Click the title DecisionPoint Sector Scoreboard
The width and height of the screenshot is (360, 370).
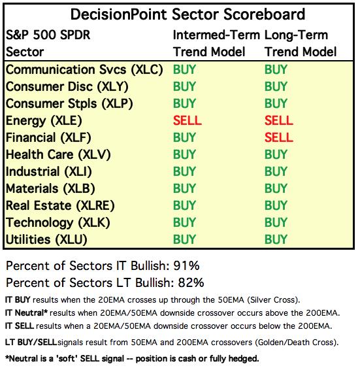point(188,14)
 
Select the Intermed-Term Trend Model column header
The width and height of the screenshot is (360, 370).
point(216,43)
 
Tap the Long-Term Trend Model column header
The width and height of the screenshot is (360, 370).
point(300,43)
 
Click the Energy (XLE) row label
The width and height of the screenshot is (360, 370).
point(44,121)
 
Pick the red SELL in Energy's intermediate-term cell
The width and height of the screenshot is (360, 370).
point(188,120)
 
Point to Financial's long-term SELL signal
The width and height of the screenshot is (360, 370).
point(278,137)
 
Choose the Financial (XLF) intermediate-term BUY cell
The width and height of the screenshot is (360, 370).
point(184,137)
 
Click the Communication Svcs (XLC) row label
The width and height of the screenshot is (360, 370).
point(84,70)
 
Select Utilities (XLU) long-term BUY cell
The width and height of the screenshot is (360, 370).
point(276,239)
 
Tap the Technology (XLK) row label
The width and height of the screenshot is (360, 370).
point(57,223)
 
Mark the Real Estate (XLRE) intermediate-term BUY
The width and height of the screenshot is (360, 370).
point(184,205)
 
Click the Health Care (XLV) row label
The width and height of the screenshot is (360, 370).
point(58,155)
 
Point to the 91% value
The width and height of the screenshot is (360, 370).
point(186,266)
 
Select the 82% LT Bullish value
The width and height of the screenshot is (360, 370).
point(191,282)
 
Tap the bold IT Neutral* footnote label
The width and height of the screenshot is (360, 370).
point(26,313)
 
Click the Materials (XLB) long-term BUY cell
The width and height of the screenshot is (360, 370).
point(276,188)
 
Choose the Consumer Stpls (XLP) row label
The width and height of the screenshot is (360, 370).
point(69,104)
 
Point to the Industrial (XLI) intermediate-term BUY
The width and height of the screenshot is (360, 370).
point(184,171)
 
